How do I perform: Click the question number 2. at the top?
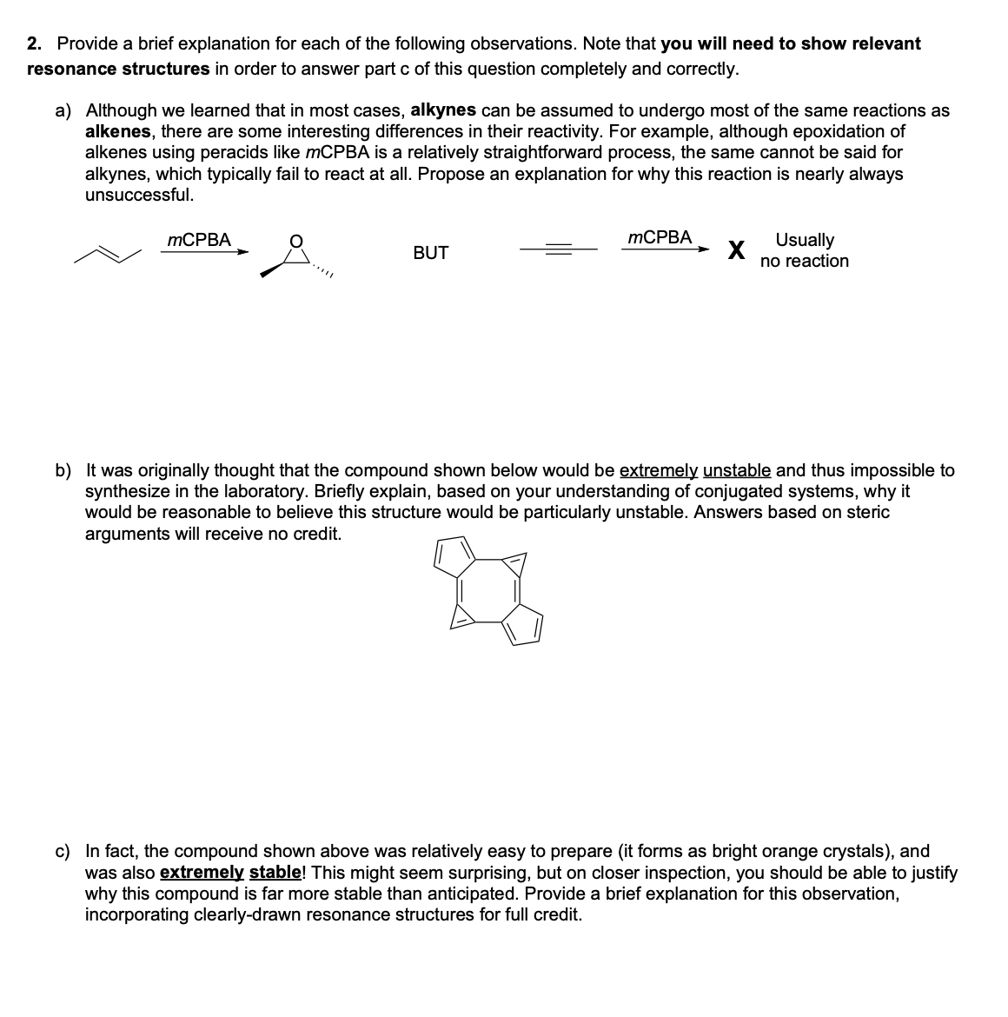(x=36, y=44)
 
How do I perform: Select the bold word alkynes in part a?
(x=442, y=110)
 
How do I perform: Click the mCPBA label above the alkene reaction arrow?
(x=199, y=240)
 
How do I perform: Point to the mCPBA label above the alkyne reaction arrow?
(x=660, y=236)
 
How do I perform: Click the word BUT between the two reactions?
(x=430, y=253)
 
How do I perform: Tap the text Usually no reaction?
(x=804, y=250)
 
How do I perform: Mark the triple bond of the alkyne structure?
(x=558, y=249)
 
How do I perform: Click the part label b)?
(x=64, y=471)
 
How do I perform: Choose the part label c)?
(x=64, y=852)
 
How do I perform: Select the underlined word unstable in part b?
(x=736, y=471)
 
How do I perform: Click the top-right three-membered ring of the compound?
(x=516, y=566)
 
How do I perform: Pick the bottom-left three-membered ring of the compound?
(x=461, y=617)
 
